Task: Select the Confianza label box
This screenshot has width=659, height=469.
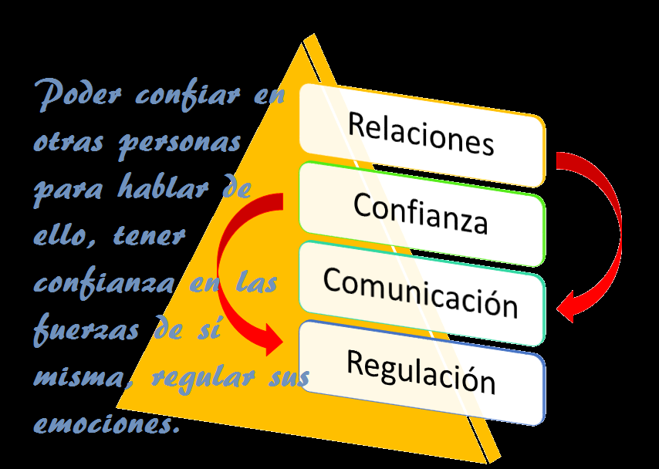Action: tap(421, 212)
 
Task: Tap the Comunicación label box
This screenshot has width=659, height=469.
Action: tap(421, 292)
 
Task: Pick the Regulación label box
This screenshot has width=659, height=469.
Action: tap(421, 372)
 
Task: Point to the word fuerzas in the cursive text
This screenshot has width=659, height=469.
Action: tap(85, 331)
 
